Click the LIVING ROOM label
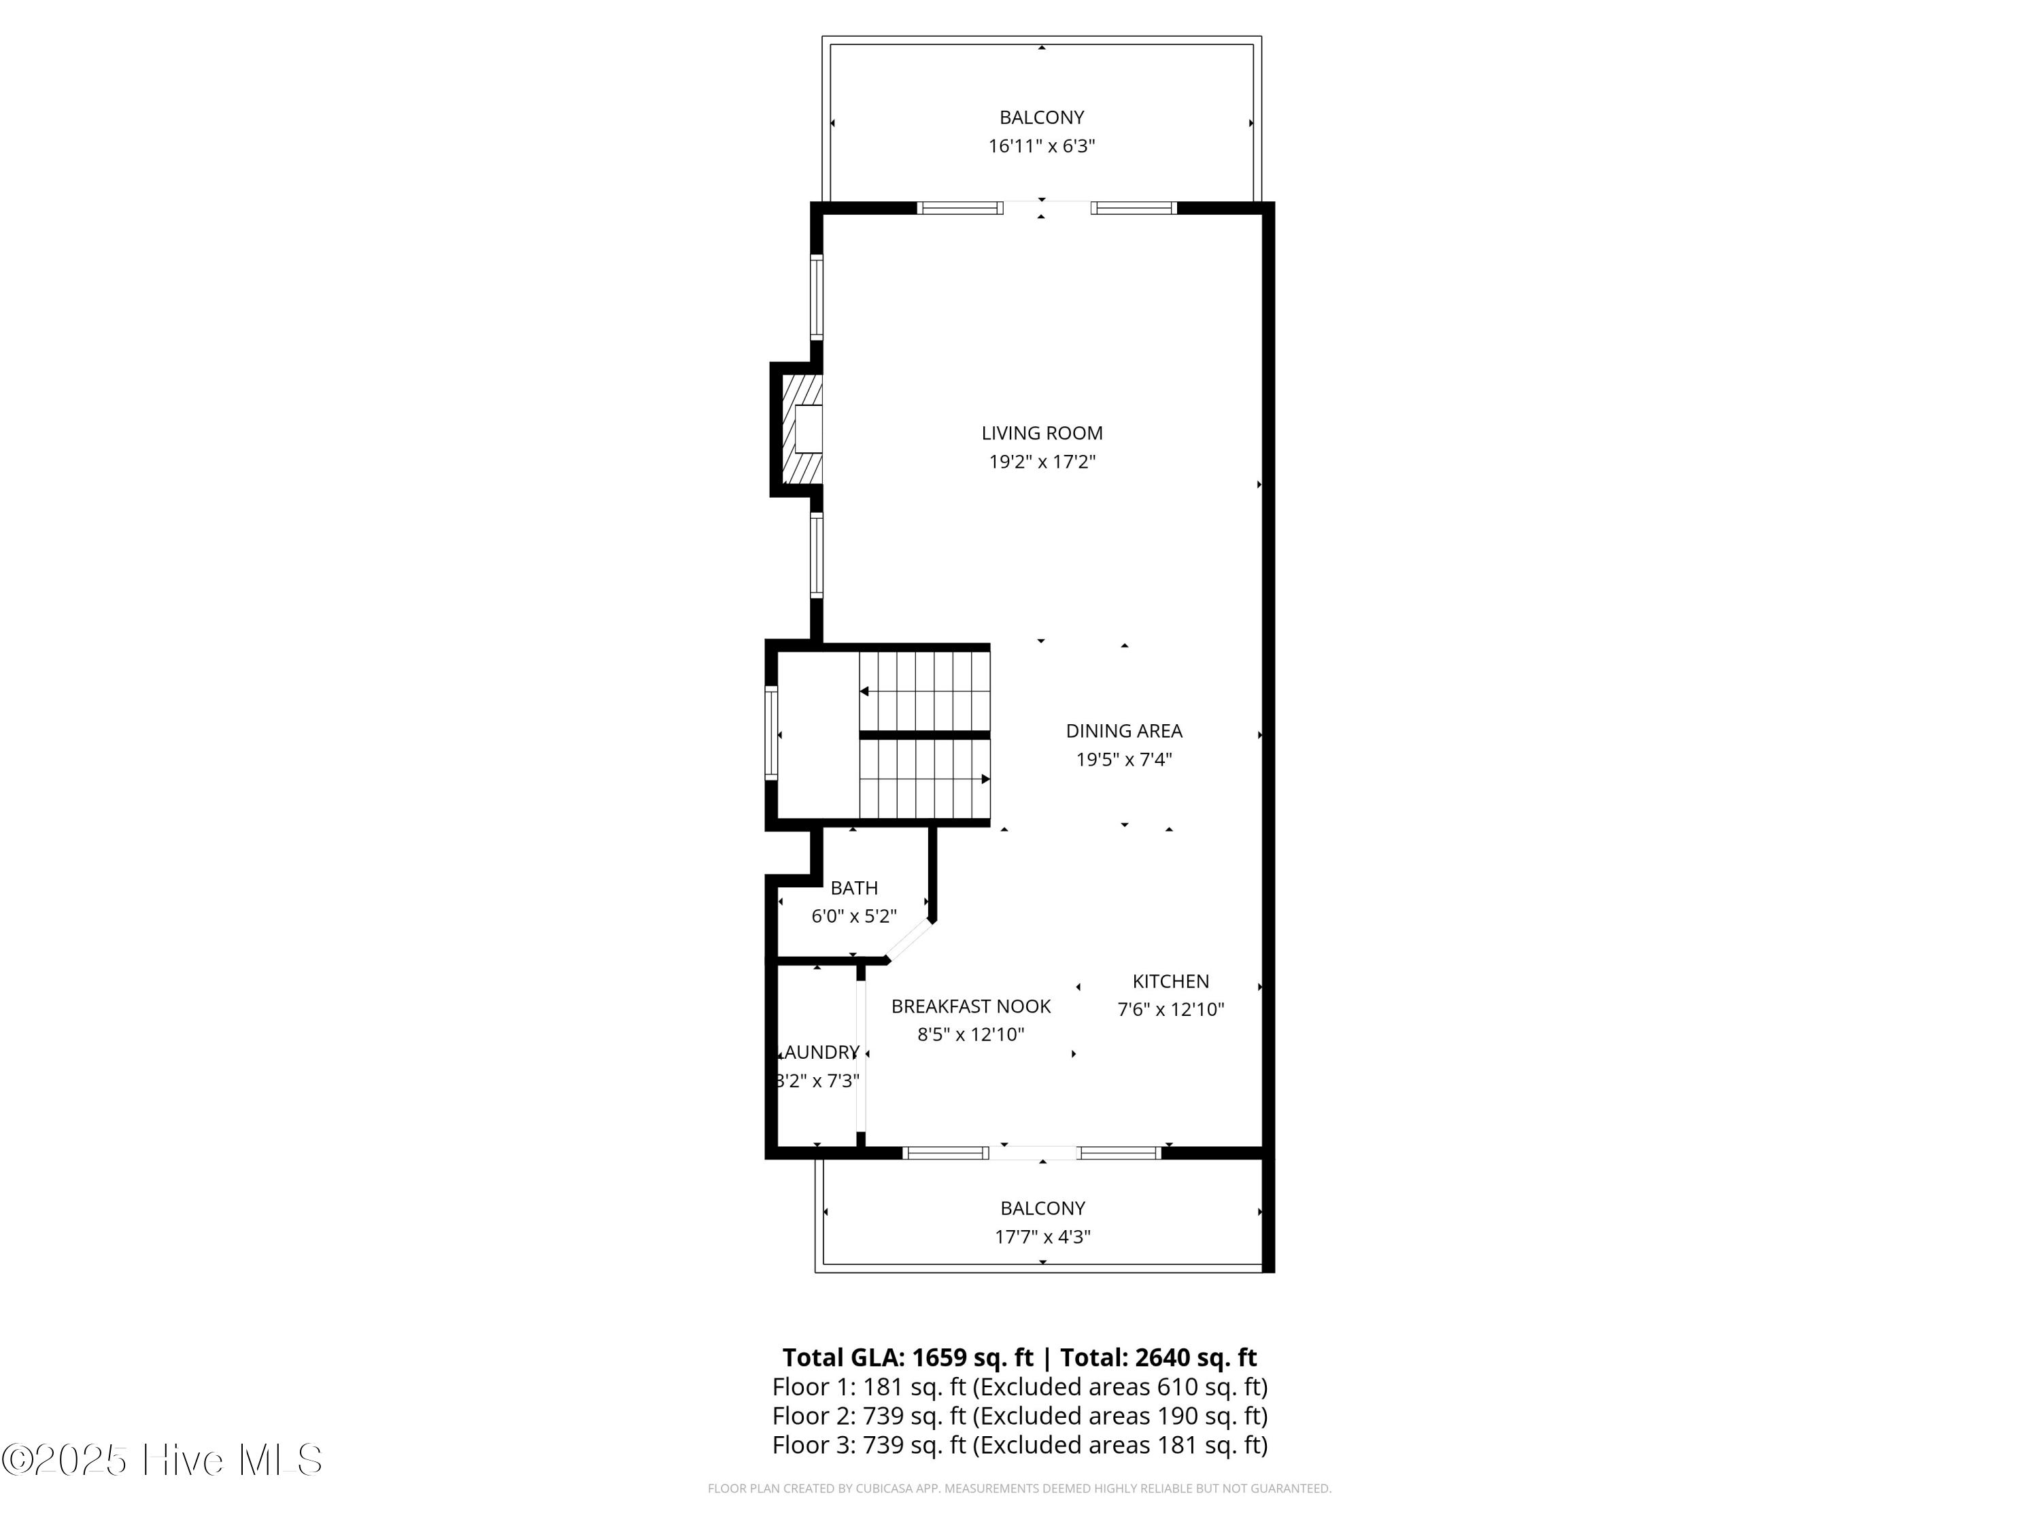(x=1041, y=432)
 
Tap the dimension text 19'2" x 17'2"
(x=1041, y=462)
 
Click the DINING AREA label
(x=1123, y=730)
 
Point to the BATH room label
(x=853, y=887)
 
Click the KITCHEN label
(x=1170, y=981)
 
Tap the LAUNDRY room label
(x=821, y=1052)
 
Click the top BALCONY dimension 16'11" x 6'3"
(x=1041, y=146)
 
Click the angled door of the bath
(x=909, y=940)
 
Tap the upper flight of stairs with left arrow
(x=924, y=691)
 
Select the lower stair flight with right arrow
(x=924, y=779)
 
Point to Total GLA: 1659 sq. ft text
(x=908, y=1357)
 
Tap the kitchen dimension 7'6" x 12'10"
(x=1170, y=1010)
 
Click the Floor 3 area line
(x=1019, y=1445)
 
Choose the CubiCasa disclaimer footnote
(x=1019, y=1489)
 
